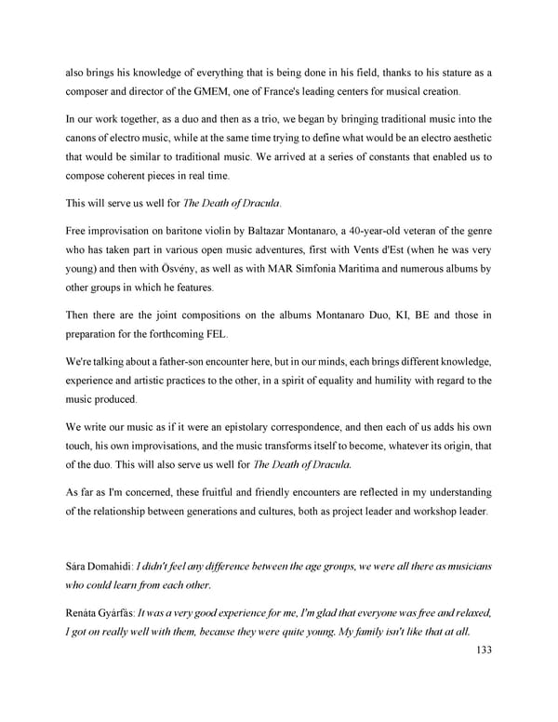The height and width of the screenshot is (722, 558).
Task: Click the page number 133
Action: click(x=480, y=651)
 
